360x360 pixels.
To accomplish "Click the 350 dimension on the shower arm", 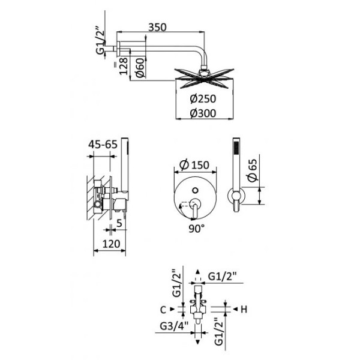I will [x=158, y=27].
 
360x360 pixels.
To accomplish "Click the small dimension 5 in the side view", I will [x=121, y=224].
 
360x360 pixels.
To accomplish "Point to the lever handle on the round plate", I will [x=194, y=209].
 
